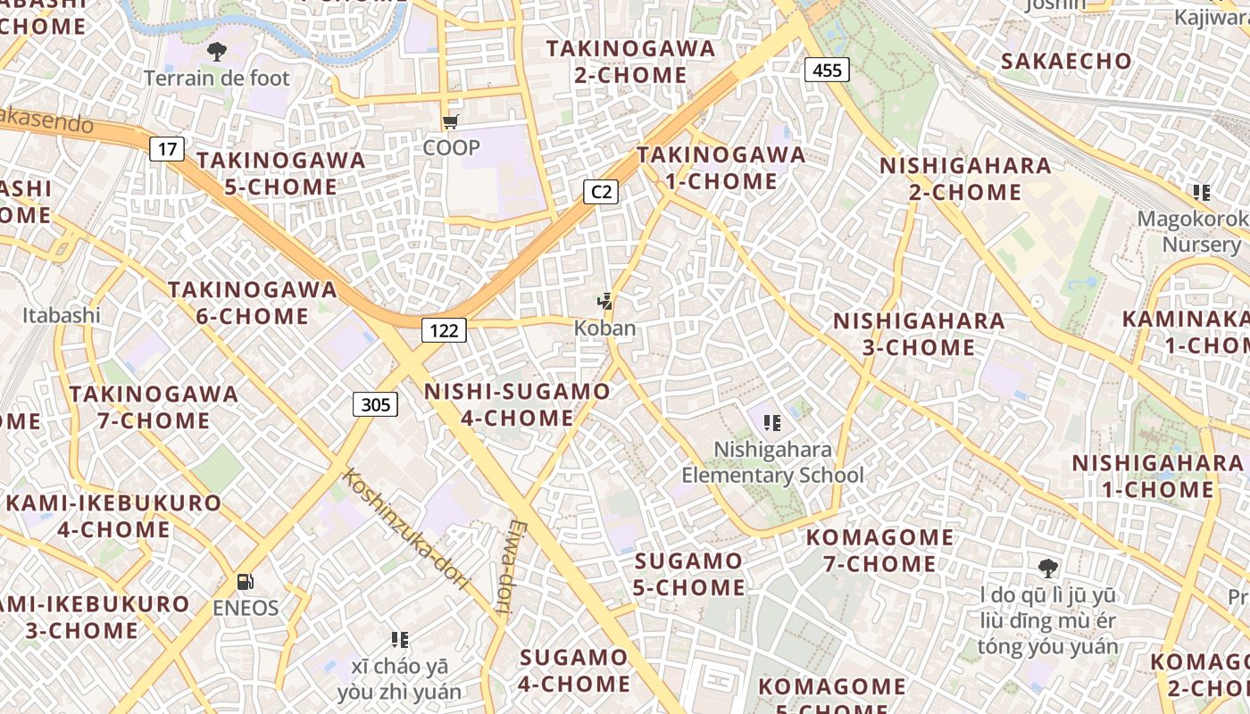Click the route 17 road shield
(167, 148)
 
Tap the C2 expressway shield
(602, 191)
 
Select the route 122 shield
(444, 331)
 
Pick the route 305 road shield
(376, 404)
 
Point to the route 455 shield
(827, 70)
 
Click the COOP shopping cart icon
(451, 121)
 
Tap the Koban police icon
(605, 302)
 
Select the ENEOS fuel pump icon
(246, 582)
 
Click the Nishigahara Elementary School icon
(772, 422)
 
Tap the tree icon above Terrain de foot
(217, 51)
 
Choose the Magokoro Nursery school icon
(1202, 192)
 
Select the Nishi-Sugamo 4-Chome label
(517, 404)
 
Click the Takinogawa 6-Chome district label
(253, 303)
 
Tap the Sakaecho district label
(1066, 61)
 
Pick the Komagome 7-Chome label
(880, 551)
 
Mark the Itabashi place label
(62, 315)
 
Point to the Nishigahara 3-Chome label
(919, 334)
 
